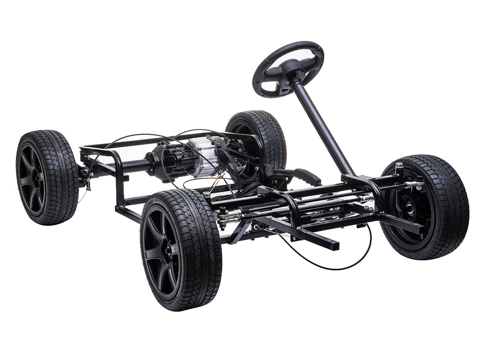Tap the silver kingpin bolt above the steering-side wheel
click(399, 168)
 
